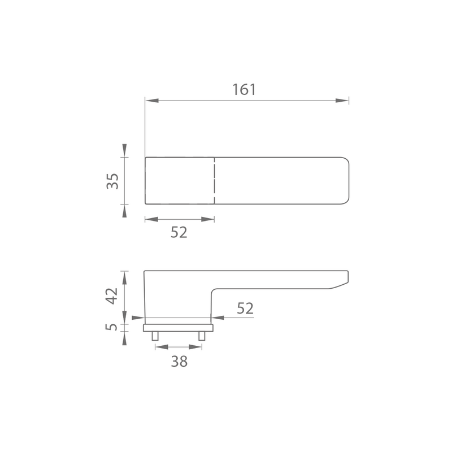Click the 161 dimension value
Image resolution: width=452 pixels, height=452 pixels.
pyautogui.click(x=244, y=89)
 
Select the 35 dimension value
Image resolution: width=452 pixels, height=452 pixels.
pyautogui.click(x=112, y=181)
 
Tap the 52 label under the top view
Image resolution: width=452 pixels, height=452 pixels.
pyautogui.click(x=179, y=232)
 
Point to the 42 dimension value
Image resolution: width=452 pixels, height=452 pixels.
pyautogui.click(x=112, y=295)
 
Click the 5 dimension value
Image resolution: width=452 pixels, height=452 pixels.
pyautogui.click(x=111, y=327)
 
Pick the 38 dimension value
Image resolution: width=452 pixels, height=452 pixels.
pyautogui.click(x=179, y=361)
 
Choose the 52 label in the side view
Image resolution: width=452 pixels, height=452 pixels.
pyautogui.click(x=245, y=308)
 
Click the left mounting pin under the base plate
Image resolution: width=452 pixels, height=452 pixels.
pyautogui.click(x=155, y=336)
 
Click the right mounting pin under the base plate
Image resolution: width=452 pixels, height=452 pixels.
pyautogui.click(x=202, y=336)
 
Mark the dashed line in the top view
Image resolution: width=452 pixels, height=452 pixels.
pyautogui.click(x=214, y=181)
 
